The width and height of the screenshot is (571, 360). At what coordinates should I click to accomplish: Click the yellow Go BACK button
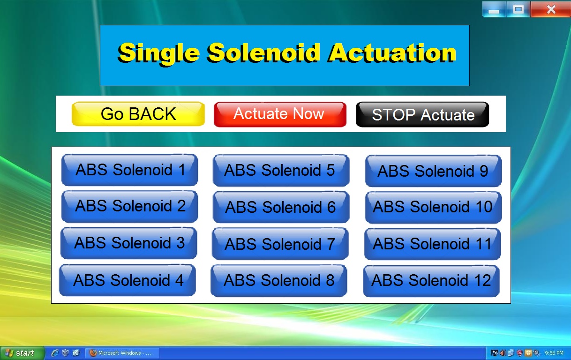(x=138, y=114)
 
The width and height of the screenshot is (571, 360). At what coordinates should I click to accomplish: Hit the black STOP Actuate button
(x=422, y=114)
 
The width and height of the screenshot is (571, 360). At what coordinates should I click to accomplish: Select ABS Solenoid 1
(x=130, y=170)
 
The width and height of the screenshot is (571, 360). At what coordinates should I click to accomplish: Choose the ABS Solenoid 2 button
(x=130, y=206)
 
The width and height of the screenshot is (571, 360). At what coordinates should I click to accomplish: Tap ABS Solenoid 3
(x=129, y=243)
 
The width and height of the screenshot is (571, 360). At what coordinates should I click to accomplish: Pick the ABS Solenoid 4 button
(x=128, y=280)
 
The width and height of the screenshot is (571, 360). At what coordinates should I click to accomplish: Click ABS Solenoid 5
(x=281, y=170)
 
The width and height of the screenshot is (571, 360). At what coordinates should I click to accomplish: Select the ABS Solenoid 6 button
(x=281, y=207)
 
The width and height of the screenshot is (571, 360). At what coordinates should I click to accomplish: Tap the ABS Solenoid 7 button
(x=280, y=244)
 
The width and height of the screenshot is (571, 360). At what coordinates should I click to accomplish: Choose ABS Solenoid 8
(x=279, y=281)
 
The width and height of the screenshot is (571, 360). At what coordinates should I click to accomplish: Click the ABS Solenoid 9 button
(x=433, y=171)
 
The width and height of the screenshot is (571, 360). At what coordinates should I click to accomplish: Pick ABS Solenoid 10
(x=433, y=207)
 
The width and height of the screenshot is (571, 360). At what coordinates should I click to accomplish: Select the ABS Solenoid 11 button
(x=432, y=244)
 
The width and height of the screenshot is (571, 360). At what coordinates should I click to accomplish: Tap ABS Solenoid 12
(x=431, y=281)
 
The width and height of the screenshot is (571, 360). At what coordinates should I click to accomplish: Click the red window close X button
(x=551, y=9)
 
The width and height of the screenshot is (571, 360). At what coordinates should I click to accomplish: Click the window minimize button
(x=494, y=10)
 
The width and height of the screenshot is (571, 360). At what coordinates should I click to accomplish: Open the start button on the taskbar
(x=23, y=353)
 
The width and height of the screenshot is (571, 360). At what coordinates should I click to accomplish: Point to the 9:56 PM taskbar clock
(x=554, y=353)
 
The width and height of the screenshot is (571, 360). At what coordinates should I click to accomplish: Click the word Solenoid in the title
(x=263, y=53)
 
